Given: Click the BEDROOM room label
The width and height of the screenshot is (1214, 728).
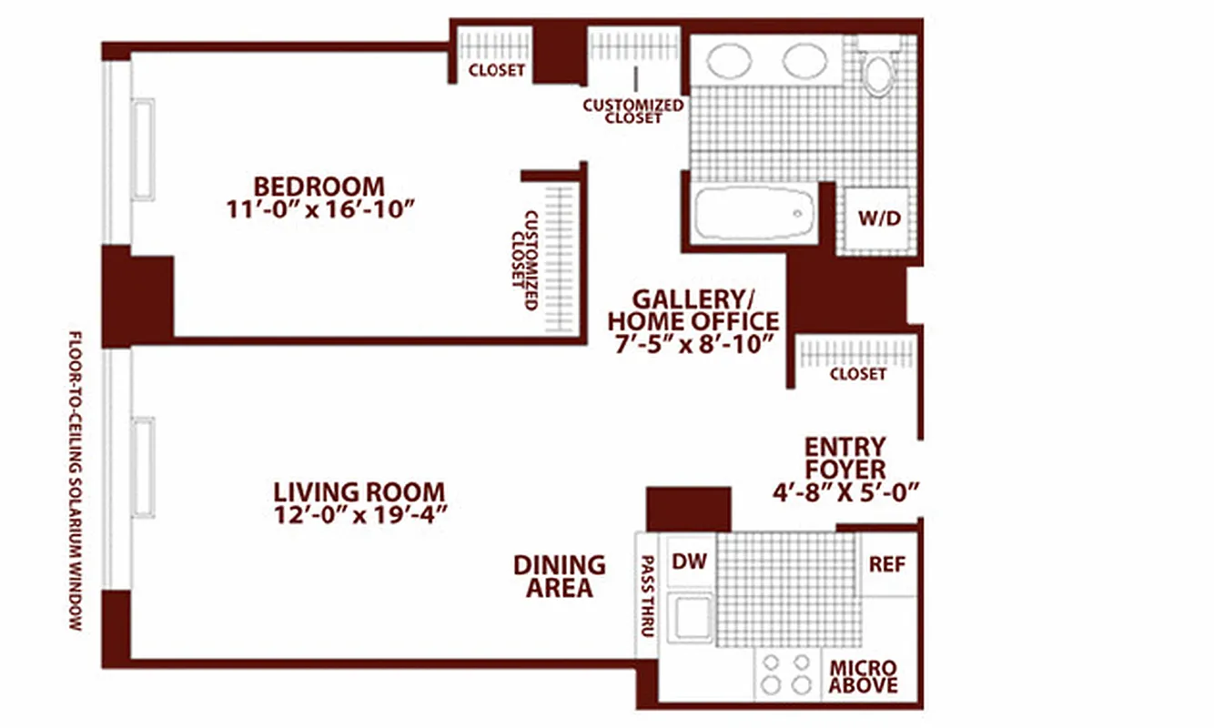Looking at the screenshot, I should point(319,186).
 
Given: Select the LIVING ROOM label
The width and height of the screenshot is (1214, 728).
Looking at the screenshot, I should point(359,492).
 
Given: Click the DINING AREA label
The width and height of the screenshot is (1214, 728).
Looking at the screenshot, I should point(559,576).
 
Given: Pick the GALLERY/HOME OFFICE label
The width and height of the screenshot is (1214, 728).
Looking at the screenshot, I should point(693,309).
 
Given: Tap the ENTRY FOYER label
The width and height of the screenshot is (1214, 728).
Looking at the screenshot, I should point(845,459).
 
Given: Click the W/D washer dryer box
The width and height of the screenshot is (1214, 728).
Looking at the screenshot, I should point(879,218).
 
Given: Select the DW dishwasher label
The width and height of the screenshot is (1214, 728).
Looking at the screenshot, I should point(689,562).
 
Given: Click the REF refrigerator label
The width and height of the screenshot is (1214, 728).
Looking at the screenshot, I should point(886,564).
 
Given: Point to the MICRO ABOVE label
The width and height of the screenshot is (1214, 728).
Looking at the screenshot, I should point(863,676).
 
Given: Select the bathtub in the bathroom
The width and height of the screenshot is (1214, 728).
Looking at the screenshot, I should point(754,215).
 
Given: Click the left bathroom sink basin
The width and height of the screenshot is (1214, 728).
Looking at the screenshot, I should point(729,62).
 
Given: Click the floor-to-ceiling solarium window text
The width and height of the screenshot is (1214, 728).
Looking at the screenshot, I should point(76,480).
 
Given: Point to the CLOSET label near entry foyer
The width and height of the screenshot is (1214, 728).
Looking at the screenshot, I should point(857,374).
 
